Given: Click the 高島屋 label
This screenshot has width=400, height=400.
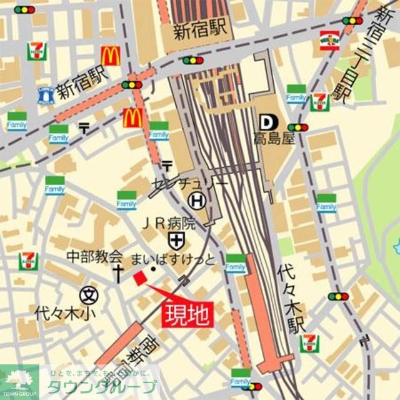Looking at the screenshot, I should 273,139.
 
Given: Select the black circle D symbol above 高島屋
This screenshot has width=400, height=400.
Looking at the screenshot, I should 266,121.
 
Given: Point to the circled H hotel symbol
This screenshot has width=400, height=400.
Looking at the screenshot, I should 197,201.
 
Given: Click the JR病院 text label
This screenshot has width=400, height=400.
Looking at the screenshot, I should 167,223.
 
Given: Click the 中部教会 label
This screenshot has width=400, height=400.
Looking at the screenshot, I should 95,256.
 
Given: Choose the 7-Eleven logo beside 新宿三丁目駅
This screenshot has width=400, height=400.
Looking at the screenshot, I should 319,102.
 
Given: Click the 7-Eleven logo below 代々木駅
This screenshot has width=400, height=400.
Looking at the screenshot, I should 309,342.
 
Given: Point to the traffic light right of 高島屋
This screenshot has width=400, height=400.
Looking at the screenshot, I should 298,127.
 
